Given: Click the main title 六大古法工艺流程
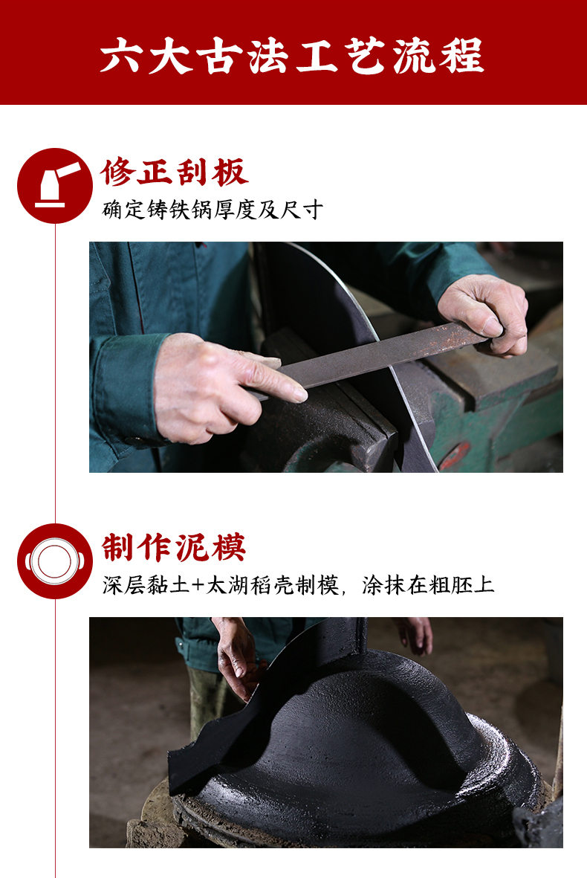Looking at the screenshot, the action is tap(291, 56).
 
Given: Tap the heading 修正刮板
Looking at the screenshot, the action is tap(175, 172).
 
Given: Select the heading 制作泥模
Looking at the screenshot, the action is tap(174, 547).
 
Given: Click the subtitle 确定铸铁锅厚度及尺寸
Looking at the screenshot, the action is tap(213, 210).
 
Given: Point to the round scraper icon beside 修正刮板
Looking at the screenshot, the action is tap(55, 186).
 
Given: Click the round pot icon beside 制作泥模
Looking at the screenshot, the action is tap(55, 561).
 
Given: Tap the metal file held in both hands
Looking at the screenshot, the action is tap(369, 358).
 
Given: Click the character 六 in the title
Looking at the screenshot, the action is tap(119, 56).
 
